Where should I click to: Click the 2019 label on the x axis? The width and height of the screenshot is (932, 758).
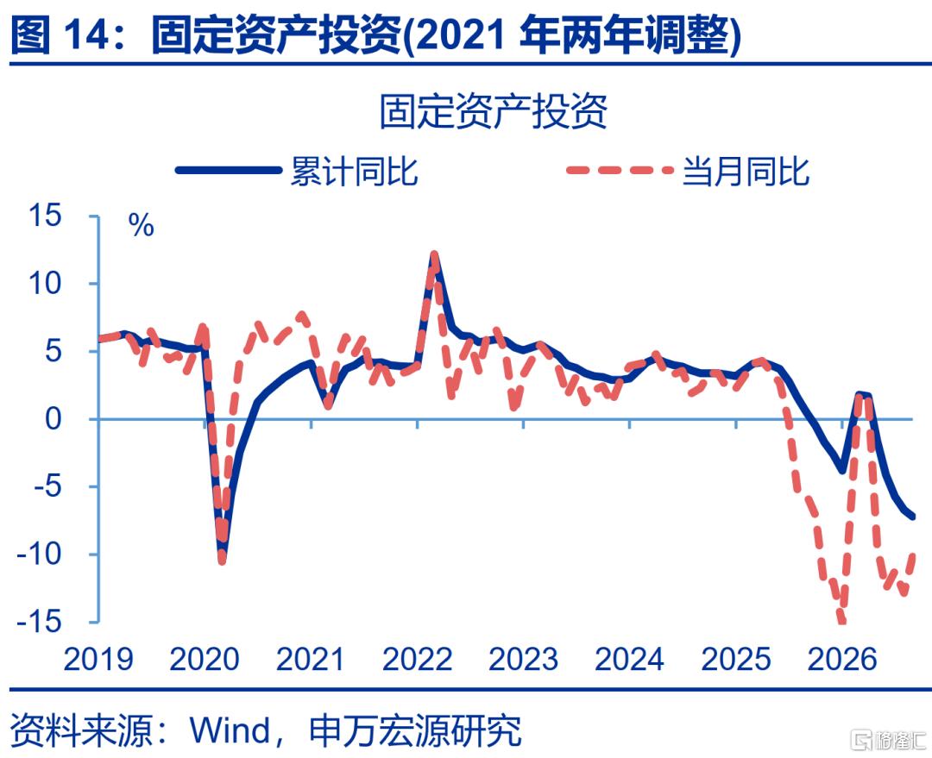[x=98, y=659]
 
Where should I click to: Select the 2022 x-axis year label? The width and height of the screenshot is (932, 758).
[x=418, y=659]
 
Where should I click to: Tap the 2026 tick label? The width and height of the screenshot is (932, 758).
[x=842, y=659]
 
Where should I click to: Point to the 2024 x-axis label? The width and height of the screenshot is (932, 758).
[x=629, y=659]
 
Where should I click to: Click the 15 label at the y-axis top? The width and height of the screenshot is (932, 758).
[x=45, y=215]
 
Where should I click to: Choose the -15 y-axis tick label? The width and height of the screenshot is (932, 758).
[x=39, y=622]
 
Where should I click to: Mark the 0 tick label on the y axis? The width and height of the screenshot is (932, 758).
[x=53, y=419]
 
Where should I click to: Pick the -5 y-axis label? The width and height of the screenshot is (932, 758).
[x=47, y=487]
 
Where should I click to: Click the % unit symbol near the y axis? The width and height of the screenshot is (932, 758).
[x=141, y=226]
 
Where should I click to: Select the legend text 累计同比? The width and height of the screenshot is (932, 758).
[x=354, y=171]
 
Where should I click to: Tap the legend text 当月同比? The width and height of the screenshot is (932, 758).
[x=746, y=171]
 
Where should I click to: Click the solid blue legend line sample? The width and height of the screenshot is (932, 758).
[x=228, y=171]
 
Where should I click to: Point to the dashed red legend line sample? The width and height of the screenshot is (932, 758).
[x=620, y=171]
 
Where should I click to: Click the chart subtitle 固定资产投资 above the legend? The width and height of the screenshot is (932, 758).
[x=494, y=111]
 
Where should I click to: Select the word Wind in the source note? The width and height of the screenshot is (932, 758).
[x=230, y=730]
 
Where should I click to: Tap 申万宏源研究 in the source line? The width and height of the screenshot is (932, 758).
[x=415, y=730]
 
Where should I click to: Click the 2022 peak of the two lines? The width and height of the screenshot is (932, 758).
[x=434, y=254]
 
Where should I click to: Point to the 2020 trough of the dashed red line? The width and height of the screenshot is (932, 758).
[x=222, y=560]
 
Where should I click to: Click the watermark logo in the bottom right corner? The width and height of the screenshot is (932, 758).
[x=889, y=740]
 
